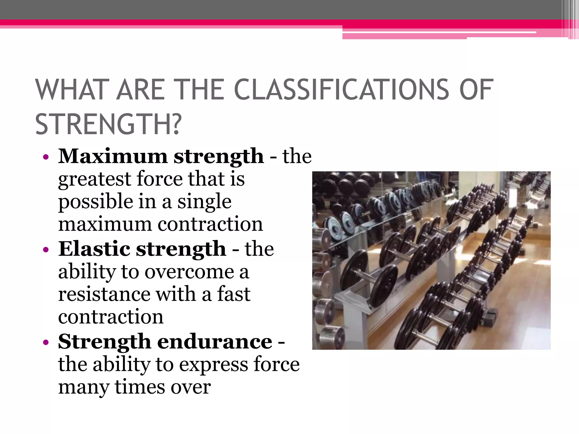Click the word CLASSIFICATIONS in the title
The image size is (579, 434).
click(342, 90)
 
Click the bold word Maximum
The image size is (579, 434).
click(113, 156)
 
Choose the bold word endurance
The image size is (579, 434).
click(215, 342)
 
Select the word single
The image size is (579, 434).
click(204, 202)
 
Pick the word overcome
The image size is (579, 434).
click(189, 272)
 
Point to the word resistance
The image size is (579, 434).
click(104, 294)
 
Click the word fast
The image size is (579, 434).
click(234, 294)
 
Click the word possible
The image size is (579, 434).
click(96, 202)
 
